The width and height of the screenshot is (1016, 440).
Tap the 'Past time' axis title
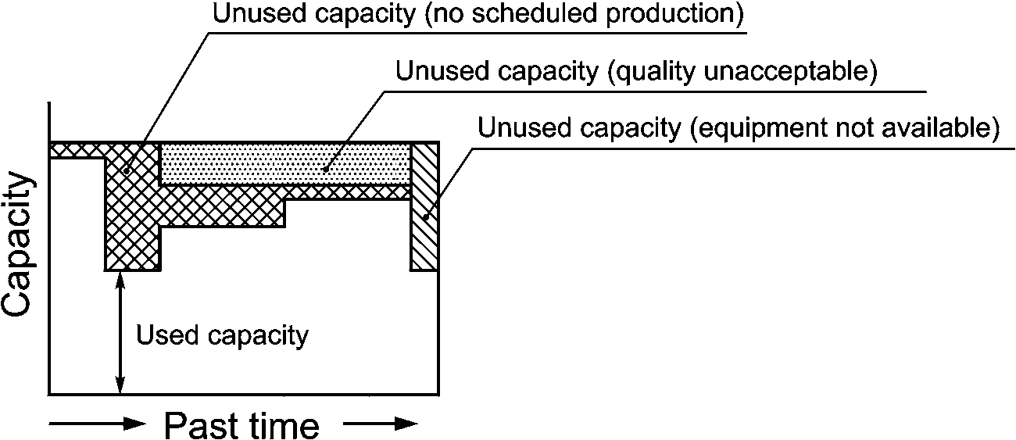(241, 427)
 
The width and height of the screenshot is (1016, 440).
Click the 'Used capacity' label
(223, 336)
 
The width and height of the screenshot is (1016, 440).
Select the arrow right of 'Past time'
(380, 424)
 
